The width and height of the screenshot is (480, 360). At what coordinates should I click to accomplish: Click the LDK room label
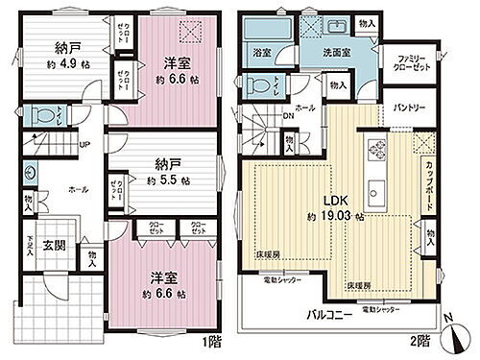click(x=333, y=201)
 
